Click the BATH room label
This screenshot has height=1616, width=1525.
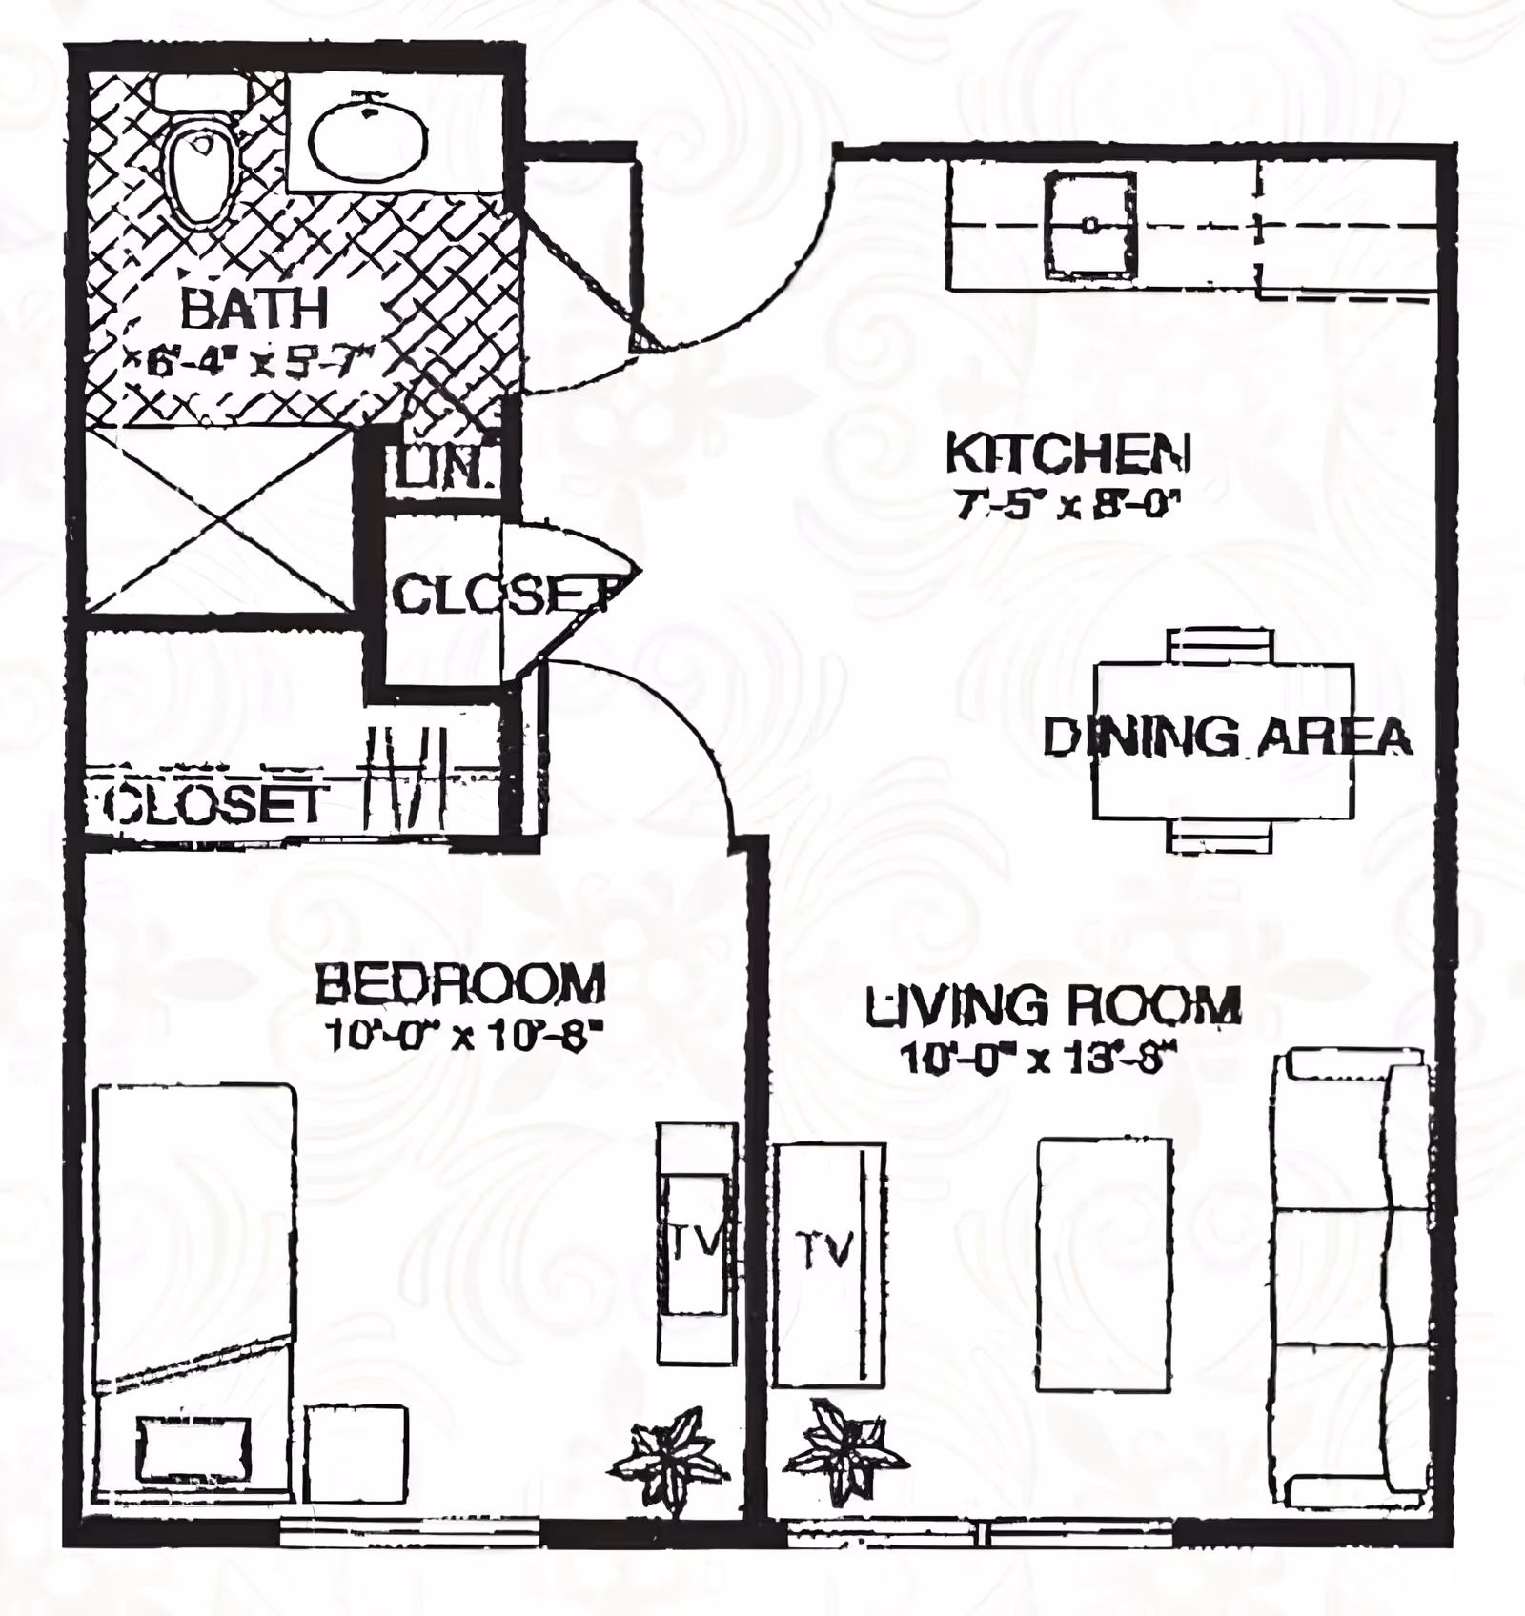tap(254, 309)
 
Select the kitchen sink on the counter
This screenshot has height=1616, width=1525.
tap(1089, 226)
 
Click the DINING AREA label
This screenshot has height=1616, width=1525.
tap(1226, 737)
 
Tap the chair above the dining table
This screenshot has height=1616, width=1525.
tap(1220, 645)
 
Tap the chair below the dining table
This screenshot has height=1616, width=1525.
tap(1220, 836)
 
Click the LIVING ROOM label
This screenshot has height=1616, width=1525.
tap(1052, 1006)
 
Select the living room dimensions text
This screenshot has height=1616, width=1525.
tap(1033, 1059)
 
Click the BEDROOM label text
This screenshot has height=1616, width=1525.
tap(460, 984)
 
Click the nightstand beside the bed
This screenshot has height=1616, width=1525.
tap(356, 1454)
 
